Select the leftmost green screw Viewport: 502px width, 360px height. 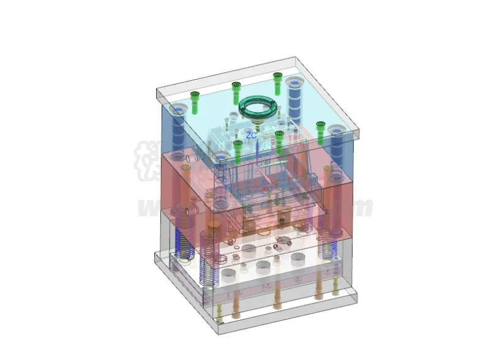(195, 102)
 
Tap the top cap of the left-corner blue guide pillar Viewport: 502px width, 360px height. (178, 111)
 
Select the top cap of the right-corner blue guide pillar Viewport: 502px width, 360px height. (336, 130)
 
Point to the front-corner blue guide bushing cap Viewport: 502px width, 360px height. (220, 157)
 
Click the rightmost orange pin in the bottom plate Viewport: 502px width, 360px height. (318, 288)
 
